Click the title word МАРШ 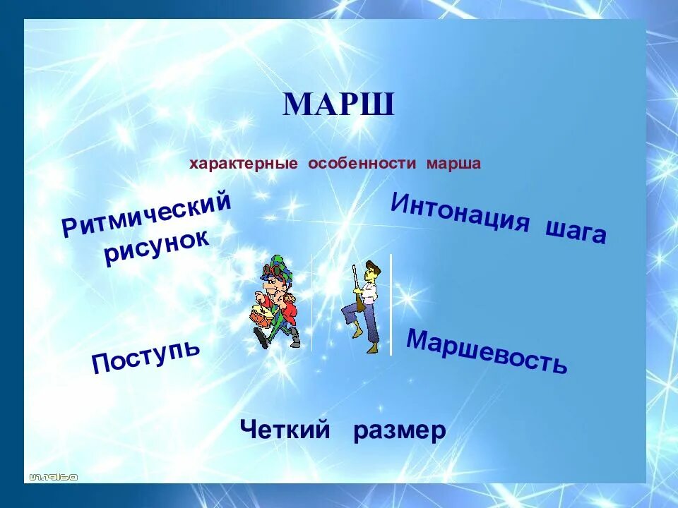point(338,104)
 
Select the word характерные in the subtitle point(244,164)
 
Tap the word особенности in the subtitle point(362,164)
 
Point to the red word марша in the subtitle point(453,164)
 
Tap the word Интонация point(460,213)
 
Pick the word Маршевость point(487,351)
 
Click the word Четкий point(285,430)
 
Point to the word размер point(400,430)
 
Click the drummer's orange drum point(261,316)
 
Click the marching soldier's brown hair point(373,268)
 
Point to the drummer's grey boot point(295,338)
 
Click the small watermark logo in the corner point(53,478)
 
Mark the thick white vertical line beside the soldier point(391,305)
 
